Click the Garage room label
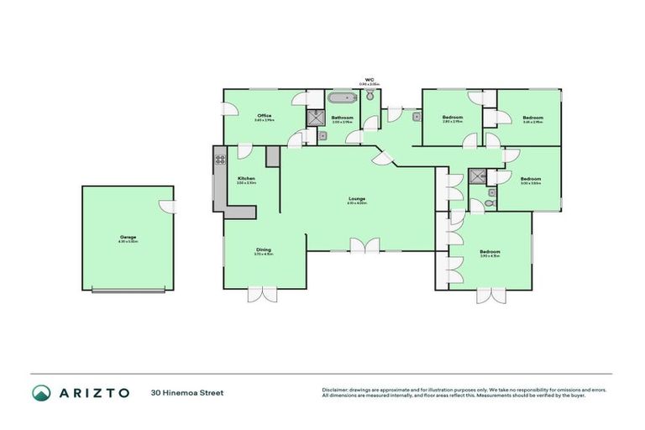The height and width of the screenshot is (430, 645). click(x=128, y=239)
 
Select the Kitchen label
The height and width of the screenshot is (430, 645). click(x=246, y=180)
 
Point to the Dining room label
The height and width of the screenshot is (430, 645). click(x=264, y=250)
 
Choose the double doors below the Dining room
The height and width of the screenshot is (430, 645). click(x=262, y=294)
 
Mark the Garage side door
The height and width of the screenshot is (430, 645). click(x=169, y=207)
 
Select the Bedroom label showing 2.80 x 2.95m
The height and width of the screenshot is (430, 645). click(x=453, y=118)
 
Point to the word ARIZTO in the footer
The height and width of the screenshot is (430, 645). click(x=92, y=392)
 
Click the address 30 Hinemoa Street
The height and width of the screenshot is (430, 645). click(x=187, y=392)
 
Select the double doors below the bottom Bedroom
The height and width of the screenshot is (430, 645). click(x=489, y=295)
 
